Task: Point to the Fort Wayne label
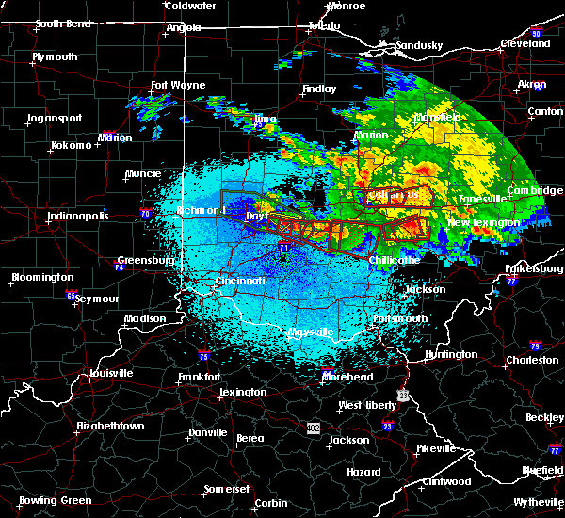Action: pos(177,85)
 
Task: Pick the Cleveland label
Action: pos(525,43)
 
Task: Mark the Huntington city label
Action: pos(451,354)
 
